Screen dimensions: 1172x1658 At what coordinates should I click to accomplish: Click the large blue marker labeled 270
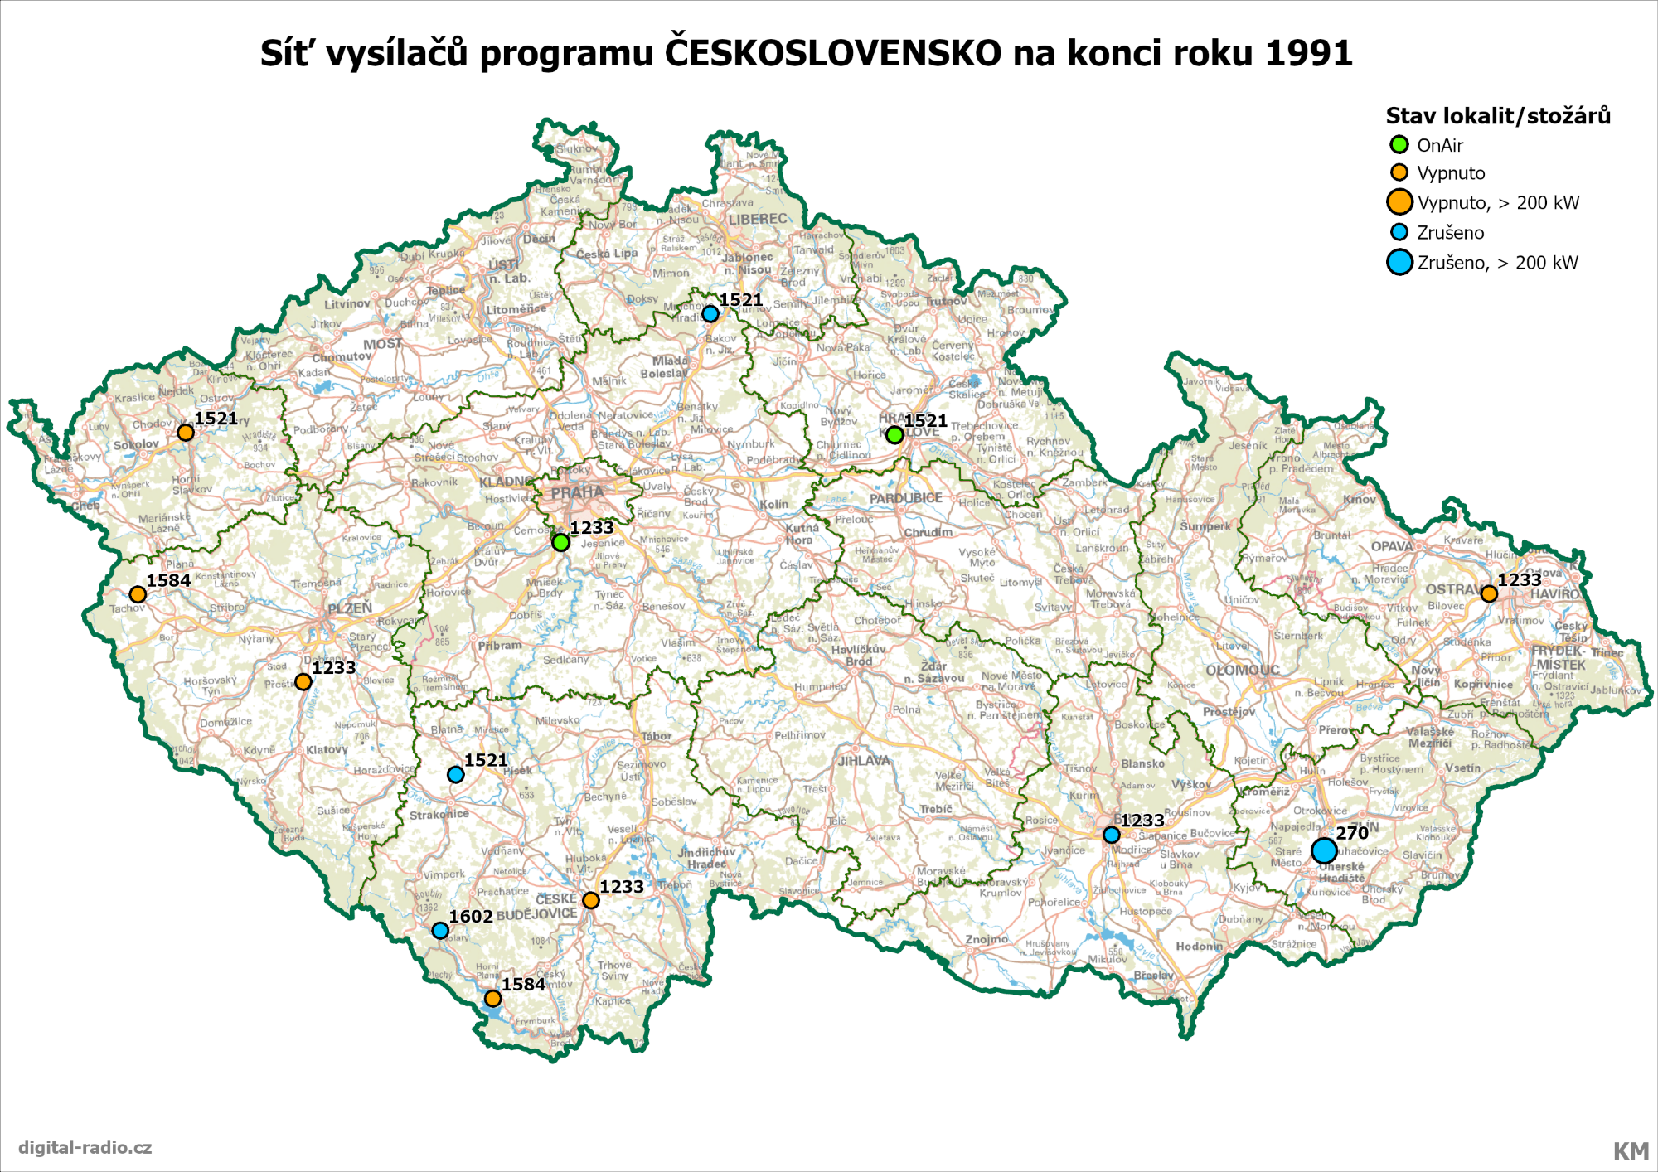pyautogui.click(x=1324, y=850)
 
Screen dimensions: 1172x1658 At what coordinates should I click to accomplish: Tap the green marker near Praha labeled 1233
pyautogui.click(x=560, y=542)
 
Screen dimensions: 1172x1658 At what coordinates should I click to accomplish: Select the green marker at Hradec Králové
pyautogui.click(x=894, y=434)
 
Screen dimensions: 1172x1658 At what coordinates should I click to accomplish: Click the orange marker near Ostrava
pyautogui.click(x=1489, y=593)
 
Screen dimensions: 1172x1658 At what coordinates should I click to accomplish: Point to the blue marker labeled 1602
pyautogui.click(x=440, y=931)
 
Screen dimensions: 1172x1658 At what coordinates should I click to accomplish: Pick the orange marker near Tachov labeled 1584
pyautogui.click(x=138, y=594)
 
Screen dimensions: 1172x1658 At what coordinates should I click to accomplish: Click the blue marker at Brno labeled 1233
pyautogui.click(x=1111, y=835)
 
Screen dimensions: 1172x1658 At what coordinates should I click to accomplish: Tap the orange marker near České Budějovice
pyautogui.click(x=590, y=900)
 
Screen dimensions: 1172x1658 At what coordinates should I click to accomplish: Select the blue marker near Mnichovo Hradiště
pyautogui.click(x=710, y=314)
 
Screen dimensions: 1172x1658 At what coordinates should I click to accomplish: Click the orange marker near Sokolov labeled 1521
pyautogui.click(x=186, y=433)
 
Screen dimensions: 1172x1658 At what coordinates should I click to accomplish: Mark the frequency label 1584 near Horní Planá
pyautogui.click(x=523, y=985)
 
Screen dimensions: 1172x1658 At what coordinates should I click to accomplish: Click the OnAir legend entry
pyautogui.click(x=1439, y=145)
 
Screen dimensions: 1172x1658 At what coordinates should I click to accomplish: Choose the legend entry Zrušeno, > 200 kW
pyautogui.click(x=1497, y=263)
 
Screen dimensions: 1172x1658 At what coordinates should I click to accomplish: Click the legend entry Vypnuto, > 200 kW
pyautogui.click(x=1497, y=203)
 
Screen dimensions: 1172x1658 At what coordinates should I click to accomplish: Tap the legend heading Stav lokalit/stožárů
pyautogui.click(x=1498, y=116)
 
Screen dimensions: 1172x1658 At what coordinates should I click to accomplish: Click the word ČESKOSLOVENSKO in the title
pyautogui.click(x=833, y=53)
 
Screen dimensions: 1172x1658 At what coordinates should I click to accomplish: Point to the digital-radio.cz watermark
pyautogui.click(x=85, y=1148)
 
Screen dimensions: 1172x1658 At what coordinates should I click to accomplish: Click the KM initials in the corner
pyautogui.click(x=1630, y=1150)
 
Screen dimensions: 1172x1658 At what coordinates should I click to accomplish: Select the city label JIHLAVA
pyautogui.click(x=863, y=760)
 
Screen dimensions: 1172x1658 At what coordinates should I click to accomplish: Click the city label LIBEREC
pyautogui.click(x=758, y=219)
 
